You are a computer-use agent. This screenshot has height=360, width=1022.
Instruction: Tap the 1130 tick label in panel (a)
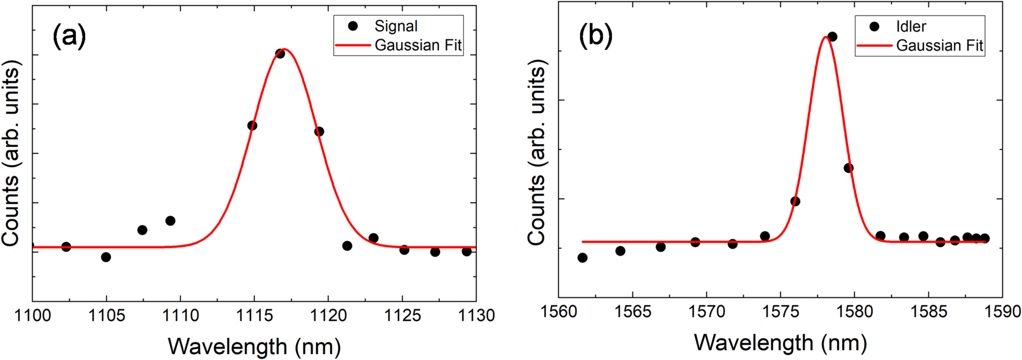tap(476, 316)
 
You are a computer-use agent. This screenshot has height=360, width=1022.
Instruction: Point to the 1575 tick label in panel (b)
tap(780, 312)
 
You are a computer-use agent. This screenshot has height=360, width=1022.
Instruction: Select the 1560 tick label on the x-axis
tap(559, 312)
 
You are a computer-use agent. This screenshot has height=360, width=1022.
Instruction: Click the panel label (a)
tap(69, 37)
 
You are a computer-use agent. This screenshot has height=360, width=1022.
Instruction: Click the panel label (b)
tap(595, 37)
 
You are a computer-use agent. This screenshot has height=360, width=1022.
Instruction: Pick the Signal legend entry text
tap(396, 26)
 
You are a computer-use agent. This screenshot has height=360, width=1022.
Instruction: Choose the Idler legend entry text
tap(911, 26)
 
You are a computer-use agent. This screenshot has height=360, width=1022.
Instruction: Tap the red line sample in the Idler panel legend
tap(874, 46)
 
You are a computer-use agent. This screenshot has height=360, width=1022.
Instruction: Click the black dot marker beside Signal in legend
tap(353, 26)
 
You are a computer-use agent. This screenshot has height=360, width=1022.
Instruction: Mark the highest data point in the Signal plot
tap(280, 53)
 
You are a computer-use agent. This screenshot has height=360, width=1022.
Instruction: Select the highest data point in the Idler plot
tap(833, 37)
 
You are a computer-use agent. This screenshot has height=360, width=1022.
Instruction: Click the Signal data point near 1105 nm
tap(106, 257)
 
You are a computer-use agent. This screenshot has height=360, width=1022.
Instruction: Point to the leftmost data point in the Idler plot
tap(583, 258)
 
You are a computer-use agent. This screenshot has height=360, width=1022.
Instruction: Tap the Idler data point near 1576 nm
tap(795, 201)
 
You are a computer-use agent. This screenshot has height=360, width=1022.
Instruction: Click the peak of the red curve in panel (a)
tap(284, 49)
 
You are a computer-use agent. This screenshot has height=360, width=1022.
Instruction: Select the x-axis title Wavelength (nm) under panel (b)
tap(780, 342)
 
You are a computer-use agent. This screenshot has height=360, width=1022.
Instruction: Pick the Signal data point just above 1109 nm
tap(171, 221)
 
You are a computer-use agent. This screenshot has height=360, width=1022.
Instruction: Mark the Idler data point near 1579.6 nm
tap(848, 168)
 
